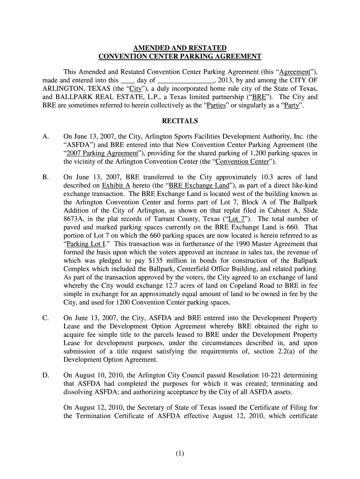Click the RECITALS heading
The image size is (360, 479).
(180, 121)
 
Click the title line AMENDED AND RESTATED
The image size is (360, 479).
(180, 48)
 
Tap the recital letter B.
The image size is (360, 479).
(45, 177)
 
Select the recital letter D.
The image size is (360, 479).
(45, 375)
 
